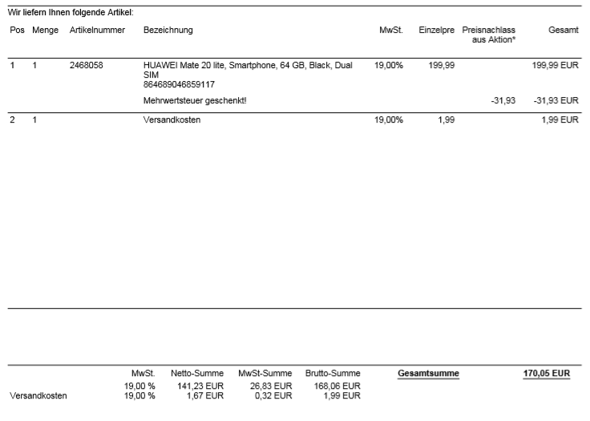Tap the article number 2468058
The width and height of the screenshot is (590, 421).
[x=87, y=65]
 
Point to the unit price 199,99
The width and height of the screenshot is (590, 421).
[x=442, y=65]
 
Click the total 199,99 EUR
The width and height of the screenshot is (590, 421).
[x=556, y=65]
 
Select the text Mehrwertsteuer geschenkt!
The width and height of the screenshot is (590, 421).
[x=195, y=100]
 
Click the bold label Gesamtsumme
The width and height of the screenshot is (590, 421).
[x=428, y=373]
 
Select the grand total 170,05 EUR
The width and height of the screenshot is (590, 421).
[x=547, y=373]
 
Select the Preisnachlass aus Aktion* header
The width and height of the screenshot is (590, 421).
[x=489, y=34]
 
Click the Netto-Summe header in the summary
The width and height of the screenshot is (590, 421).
[x=197, y=373]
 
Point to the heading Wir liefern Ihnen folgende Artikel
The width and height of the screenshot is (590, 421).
[x=71, y=13]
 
